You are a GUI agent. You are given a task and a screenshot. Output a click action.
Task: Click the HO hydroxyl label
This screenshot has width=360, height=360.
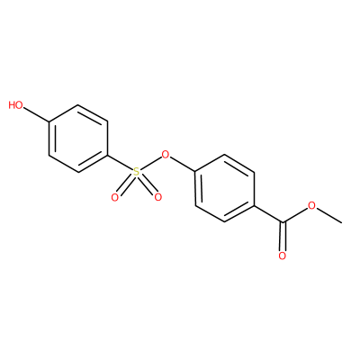tap(15, 105)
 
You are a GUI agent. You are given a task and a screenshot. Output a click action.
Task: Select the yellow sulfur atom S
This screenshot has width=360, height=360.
tap(136, 172)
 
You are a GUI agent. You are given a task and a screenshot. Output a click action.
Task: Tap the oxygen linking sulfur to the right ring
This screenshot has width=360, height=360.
tap(166, 155)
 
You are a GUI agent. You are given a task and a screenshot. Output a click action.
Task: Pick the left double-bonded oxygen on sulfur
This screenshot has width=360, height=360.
tap(115, 197)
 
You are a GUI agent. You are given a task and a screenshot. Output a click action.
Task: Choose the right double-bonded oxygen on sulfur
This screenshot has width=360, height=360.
tap(157, 197)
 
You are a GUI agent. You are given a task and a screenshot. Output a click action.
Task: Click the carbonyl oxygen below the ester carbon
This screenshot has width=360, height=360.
tap(283, 256)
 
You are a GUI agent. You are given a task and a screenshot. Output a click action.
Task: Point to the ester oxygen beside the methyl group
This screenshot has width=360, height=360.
tap(312, 206)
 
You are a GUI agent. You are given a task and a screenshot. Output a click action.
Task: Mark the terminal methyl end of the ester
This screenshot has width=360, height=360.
tap(341, 222)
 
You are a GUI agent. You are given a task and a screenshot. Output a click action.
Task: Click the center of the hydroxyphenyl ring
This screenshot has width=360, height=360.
tap(78, 139)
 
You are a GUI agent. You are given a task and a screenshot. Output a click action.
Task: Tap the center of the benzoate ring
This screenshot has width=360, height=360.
tap(225, 189)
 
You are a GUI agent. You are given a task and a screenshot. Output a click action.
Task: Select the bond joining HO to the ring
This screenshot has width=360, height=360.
tap(36, 114)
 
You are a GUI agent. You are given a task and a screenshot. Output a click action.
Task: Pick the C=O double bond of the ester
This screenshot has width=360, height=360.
tap(283, 237)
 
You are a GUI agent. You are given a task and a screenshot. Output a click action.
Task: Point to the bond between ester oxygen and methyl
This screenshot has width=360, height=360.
tap(328, 215)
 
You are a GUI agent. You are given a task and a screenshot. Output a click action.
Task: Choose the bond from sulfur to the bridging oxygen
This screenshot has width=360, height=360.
tap(150, 164)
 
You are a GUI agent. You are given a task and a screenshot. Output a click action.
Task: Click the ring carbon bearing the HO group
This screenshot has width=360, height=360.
tap(49, 121)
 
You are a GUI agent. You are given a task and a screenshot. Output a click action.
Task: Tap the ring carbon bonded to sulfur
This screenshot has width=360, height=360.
tap(108, 156)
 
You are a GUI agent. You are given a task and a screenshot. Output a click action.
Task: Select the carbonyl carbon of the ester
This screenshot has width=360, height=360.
tap(283, 222)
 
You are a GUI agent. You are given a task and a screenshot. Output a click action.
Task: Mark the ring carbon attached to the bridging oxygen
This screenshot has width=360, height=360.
tap(195, 172)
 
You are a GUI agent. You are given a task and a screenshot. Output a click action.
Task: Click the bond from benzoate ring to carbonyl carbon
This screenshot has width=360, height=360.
tap(268, 214)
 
